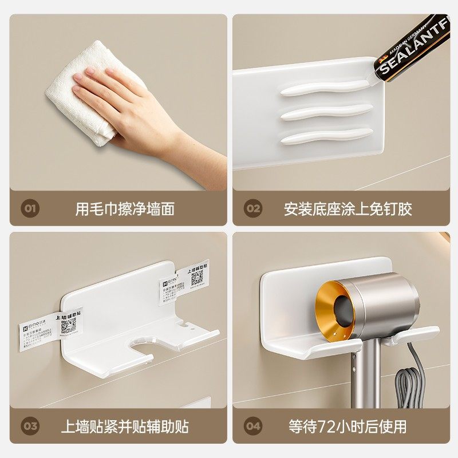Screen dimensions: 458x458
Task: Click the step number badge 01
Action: [30, 208]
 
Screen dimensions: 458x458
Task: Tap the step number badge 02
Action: [252, 208]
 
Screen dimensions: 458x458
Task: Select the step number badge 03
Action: [30, 426]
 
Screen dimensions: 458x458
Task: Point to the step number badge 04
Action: [252, 426]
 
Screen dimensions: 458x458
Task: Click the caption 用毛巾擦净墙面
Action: [125, 208]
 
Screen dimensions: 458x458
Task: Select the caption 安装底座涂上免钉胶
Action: [348, 208]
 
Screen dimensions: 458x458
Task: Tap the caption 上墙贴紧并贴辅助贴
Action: [125, 427]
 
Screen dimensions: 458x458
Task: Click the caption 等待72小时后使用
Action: [348, 427]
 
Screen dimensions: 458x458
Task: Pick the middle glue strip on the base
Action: [326, 112]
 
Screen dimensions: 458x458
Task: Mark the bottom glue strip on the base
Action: [326, 136]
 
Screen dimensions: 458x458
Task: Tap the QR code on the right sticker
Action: [197, 277]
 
